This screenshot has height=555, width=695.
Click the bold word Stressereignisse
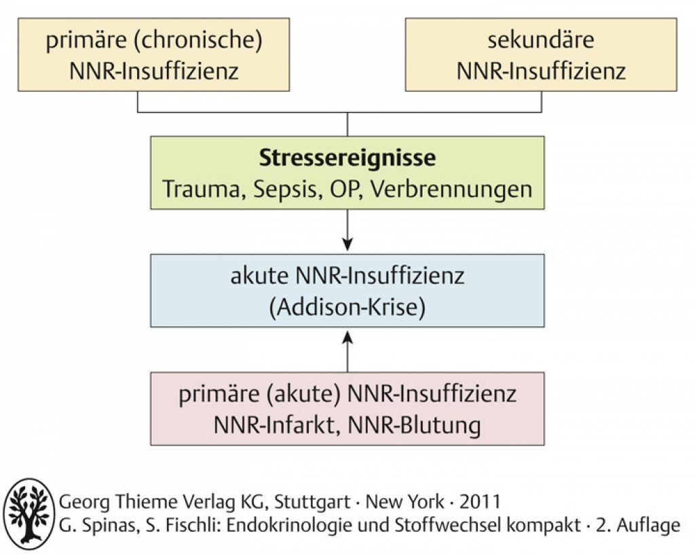[347, 158]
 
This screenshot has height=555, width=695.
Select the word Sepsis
[287, 190]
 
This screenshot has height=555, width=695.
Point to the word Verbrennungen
[451, 190]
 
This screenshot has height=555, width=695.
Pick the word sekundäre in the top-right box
[541, 40]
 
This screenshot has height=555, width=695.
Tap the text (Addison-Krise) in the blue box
[347, 308]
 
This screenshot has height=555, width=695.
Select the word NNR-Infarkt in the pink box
[274, 425]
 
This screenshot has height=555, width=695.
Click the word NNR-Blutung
[415, 426]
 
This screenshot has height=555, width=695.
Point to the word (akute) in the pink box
[303, 394]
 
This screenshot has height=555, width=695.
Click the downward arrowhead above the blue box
[347, 245]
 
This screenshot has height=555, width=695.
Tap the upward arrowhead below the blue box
[347, 337]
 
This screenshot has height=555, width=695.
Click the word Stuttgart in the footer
[312, 502]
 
